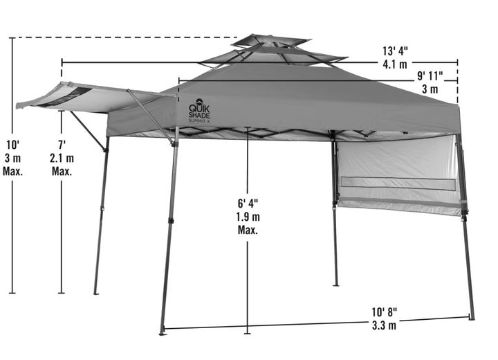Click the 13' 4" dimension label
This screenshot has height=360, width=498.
pyautogui.click(x=395, y=51)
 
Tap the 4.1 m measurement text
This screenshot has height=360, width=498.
pyautogui.click(x=395, y=64)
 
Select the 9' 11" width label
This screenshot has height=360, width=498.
pyautogui.click(x=430, y=75)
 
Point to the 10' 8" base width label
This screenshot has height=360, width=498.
pyautogui.click(x=385, y=312)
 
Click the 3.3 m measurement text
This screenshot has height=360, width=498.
pyautogui.click(x=385, y=325)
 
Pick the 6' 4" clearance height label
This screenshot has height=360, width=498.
pyautogui.click(x=248, y=203)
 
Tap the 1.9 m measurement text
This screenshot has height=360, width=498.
pyautogui.click(x=248, y=217)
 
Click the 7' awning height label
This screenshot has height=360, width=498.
pyautogui.click(x=62, y=145)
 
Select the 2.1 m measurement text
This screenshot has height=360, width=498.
pyautogui.click(x=62, y=158)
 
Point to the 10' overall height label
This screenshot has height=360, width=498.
pyautogui.click(x=13, y=145)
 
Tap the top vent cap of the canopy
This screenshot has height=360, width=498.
pyautogui.click(x=270, y=41)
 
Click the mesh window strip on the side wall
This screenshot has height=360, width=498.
pyautogui.click(x=398, y=183)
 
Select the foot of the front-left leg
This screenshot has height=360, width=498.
pyautogui.click(x=163, y=333)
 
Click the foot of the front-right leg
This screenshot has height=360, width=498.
pyautogui.click(x=472, y=318)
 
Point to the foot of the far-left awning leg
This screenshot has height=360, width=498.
pyautogui.click(x=96, y=293)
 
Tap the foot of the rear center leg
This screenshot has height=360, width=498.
pyautogui.click(x=335, y=285)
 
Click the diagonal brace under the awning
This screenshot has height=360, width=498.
pyautogui.click(x=88, y=131)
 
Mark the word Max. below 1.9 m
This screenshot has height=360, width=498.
pyautogui.click(x=248, y=230)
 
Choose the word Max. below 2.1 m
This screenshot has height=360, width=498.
pyautogui.click(x=62, y=172)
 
